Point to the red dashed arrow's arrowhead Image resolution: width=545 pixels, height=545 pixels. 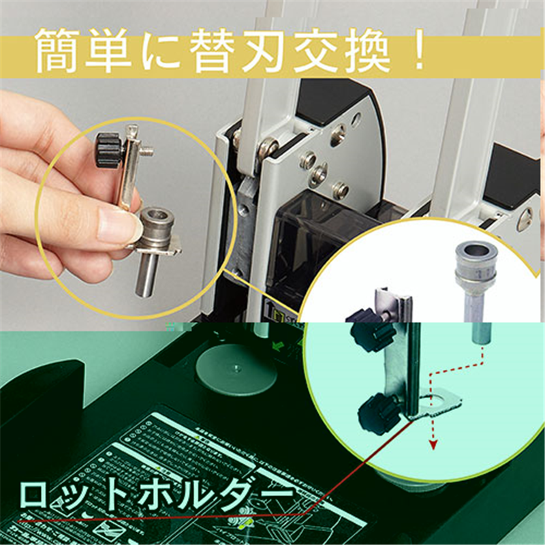pos(431,445)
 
